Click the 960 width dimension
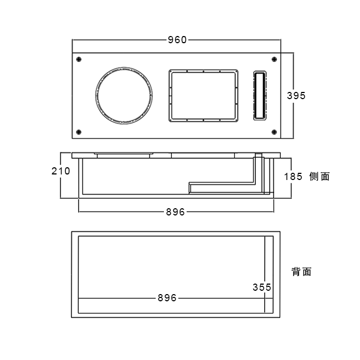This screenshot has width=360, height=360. click(177, 39)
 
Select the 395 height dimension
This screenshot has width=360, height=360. click(296, 95)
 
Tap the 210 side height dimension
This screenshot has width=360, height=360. click(60, 171)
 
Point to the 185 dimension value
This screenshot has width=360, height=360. click(292, 177)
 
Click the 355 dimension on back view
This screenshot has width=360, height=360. click(261, 287)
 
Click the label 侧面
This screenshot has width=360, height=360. click(320, 177)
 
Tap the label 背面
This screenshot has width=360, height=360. click(301, 271)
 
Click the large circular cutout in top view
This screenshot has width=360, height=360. click(124, 95)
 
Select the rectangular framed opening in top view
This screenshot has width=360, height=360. click(203, 95)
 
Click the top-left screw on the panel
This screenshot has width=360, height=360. click(79, 59)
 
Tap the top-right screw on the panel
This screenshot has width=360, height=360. click(274, 59)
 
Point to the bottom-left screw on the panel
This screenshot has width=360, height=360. click(79, 132)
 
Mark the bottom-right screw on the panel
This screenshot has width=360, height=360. click(274, 132)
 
